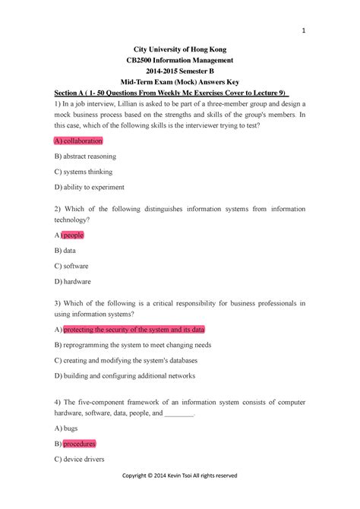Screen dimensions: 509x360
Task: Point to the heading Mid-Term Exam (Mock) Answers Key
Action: point(179,82)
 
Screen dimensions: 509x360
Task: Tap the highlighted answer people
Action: point(73,236)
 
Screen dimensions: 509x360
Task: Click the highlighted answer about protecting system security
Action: point(134,330)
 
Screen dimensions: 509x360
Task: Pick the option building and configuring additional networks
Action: point(125,375)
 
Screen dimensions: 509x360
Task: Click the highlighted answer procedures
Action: point(79,444)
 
